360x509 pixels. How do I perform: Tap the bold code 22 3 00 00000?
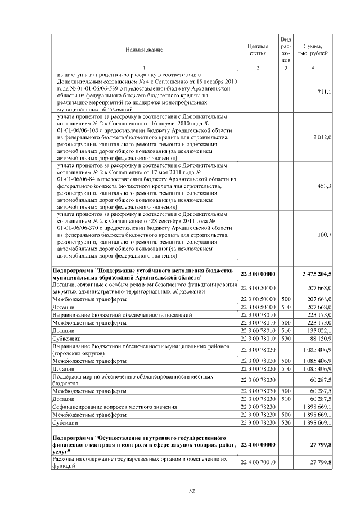tap(258, 274)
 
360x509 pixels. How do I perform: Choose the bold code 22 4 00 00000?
tap(258, 444)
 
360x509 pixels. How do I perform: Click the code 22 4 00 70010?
tap(258, 462)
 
